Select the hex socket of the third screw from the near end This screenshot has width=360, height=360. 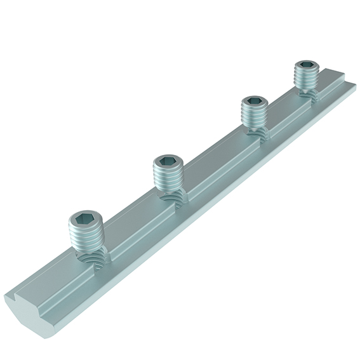253,102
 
